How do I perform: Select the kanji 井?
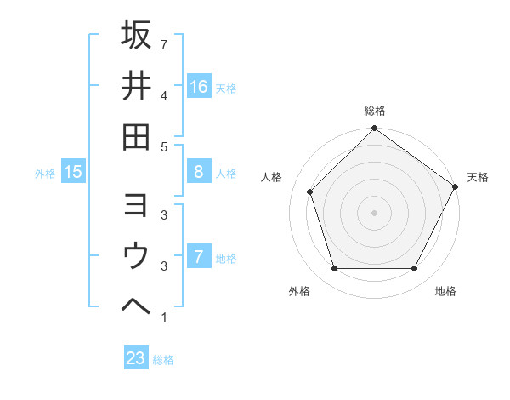coord(136,85)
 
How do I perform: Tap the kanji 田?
coord(136,136)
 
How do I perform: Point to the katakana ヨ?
coord(136,205)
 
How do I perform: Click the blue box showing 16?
coord(199,86)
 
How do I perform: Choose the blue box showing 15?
coord(73,173)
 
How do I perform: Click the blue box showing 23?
coord(136,358)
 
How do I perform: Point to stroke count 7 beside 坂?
coord(163,44)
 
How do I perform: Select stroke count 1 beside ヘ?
coord(163,318)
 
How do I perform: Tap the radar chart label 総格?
coord(374,111)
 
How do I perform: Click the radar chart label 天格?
coord(478,177)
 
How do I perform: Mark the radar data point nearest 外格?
coord(334,269)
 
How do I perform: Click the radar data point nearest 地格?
coord(415,269)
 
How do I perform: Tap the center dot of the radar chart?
coord(374,213)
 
